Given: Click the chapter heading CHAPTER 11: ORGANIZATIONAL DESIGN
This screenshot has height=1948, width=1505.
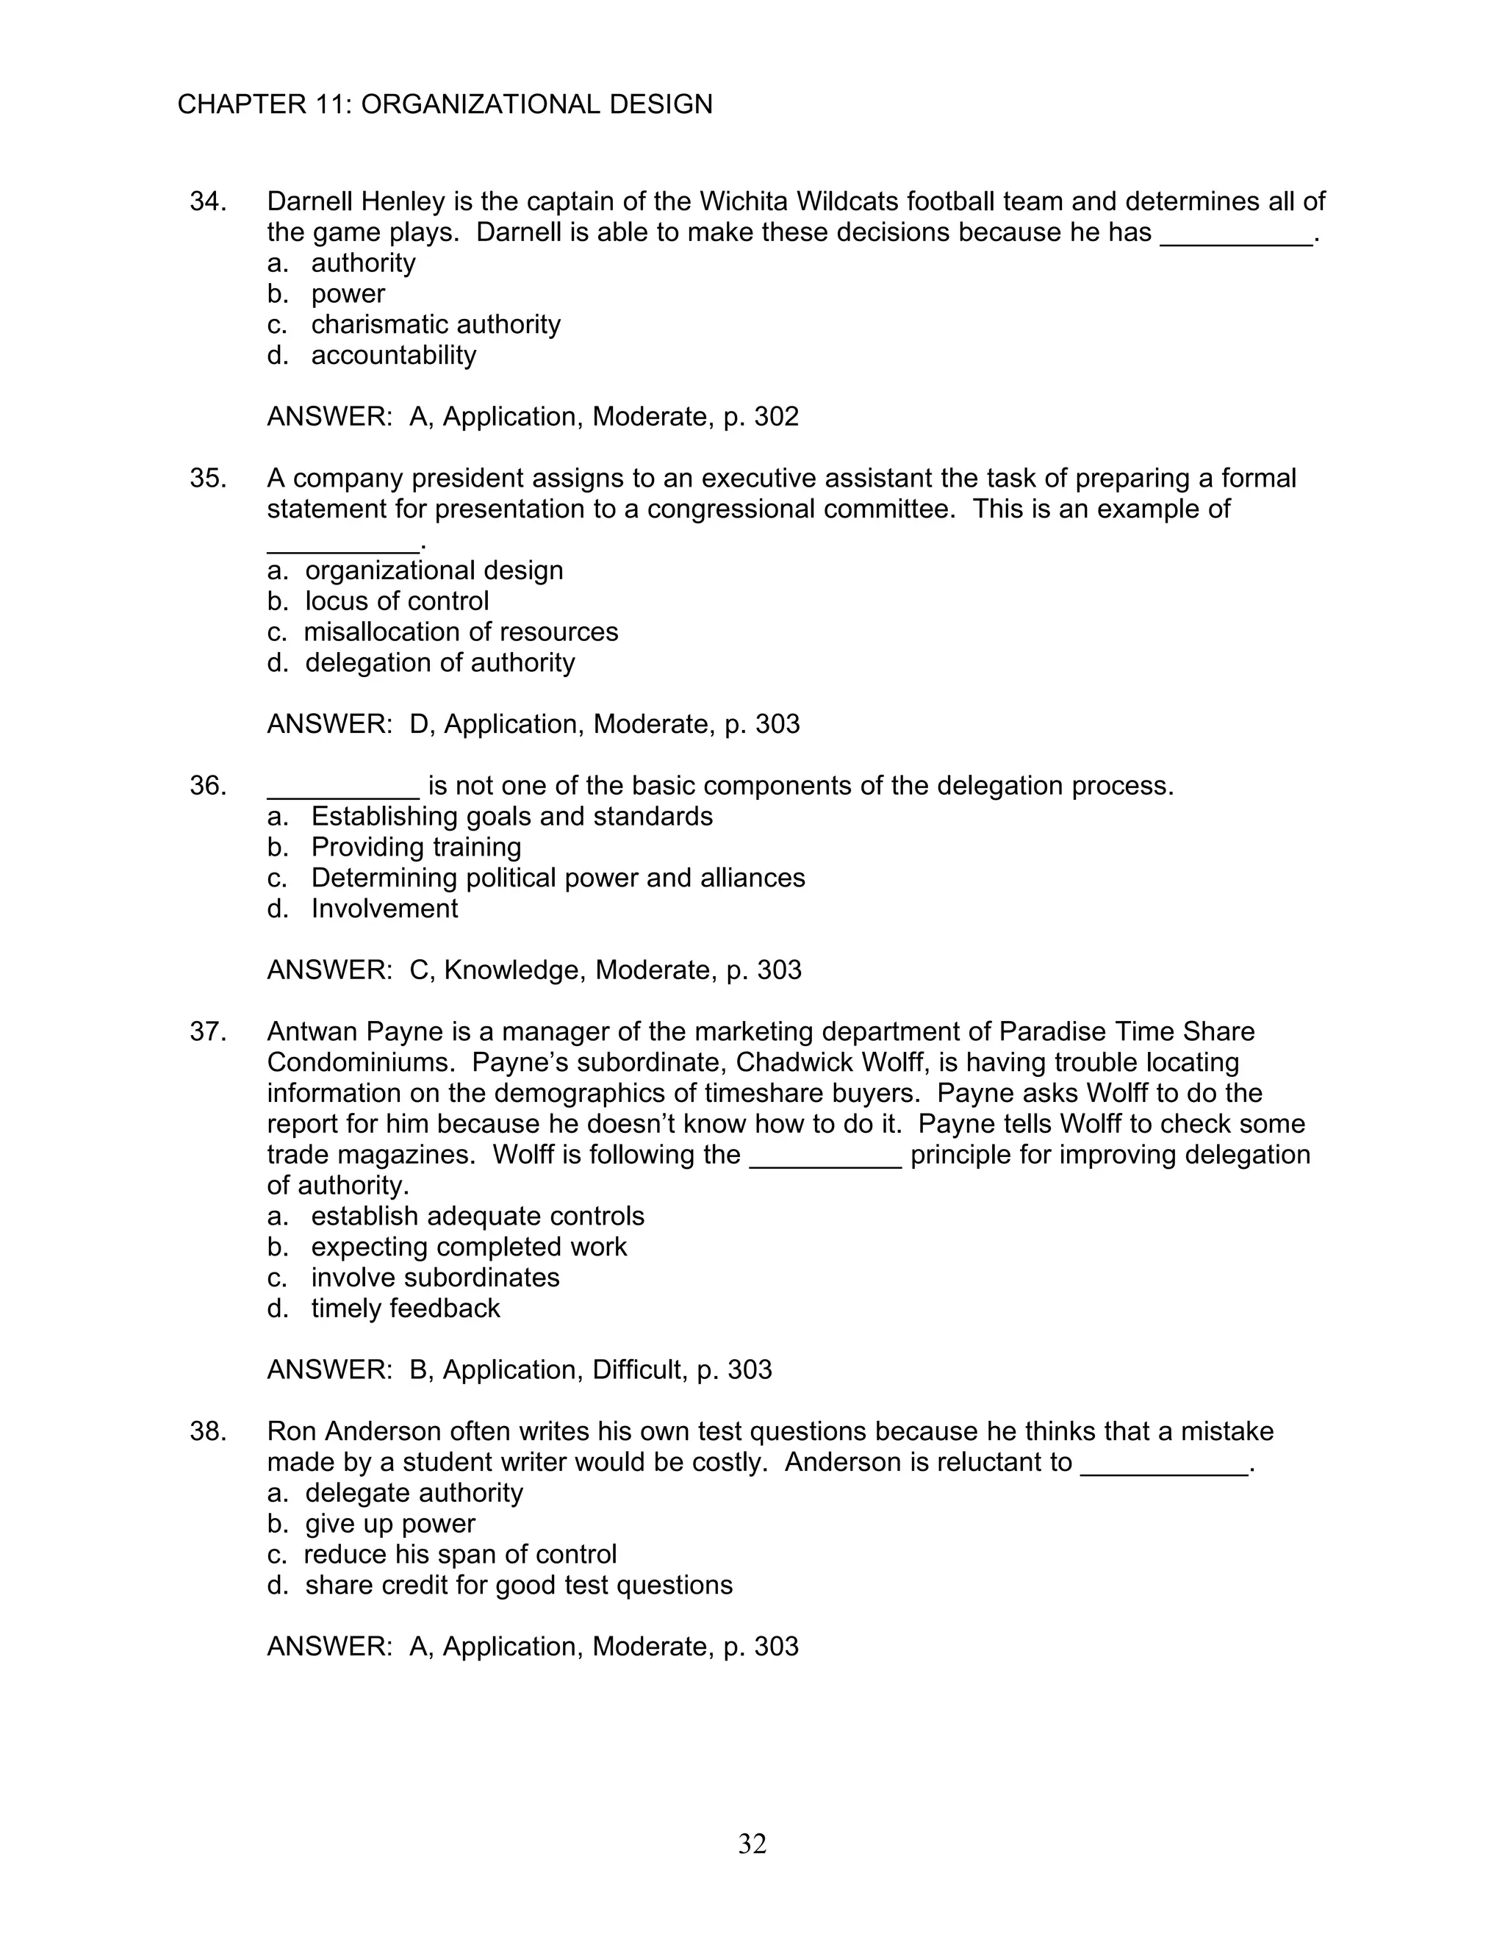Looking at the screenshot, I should pyautogui.click(x=445, y=104).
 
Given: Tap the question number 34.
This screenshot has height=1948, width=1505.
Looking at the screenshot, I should pyautogui.click(x=206, y=201).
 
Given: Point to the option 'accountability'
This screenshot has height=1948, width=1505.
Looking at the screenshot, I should pyautogui.click(x=393, y=355).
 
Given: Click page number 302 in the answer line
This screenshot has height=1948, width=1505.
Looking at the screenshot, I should pyautogui.click(x=776, y=417).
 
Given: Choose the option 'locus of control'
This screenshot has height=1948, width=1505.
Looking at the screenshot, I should pyautogui.click(x=397, y=601).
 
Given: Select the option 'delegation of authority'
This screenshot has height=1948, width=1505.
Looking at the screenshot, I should pyautogui.click(x=439, y=663).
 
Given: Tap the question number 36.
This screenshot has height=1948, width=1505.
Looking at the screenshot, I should pyautogui.click(x=206, y=786).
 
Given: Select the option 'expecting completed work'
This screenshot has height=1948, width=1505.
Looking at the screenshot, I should pyautogui.click(x=468, y=1247).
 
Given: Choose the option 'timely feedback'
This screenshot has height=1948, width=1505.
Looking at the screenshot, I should pyautogui.click(x=405, y=1308).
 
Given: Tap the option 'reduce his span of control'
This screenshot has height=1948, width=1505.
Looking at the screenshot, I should pyautogui.click(x=460, y=1555).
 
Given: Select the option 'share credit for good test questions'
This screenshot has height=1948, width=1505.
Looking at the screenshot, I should pyautogui.click(x=518, y=1585).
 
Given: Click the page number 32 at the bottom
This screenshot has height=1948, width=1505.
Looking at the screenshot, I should pyautogui.click(x=752, y=1844).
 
